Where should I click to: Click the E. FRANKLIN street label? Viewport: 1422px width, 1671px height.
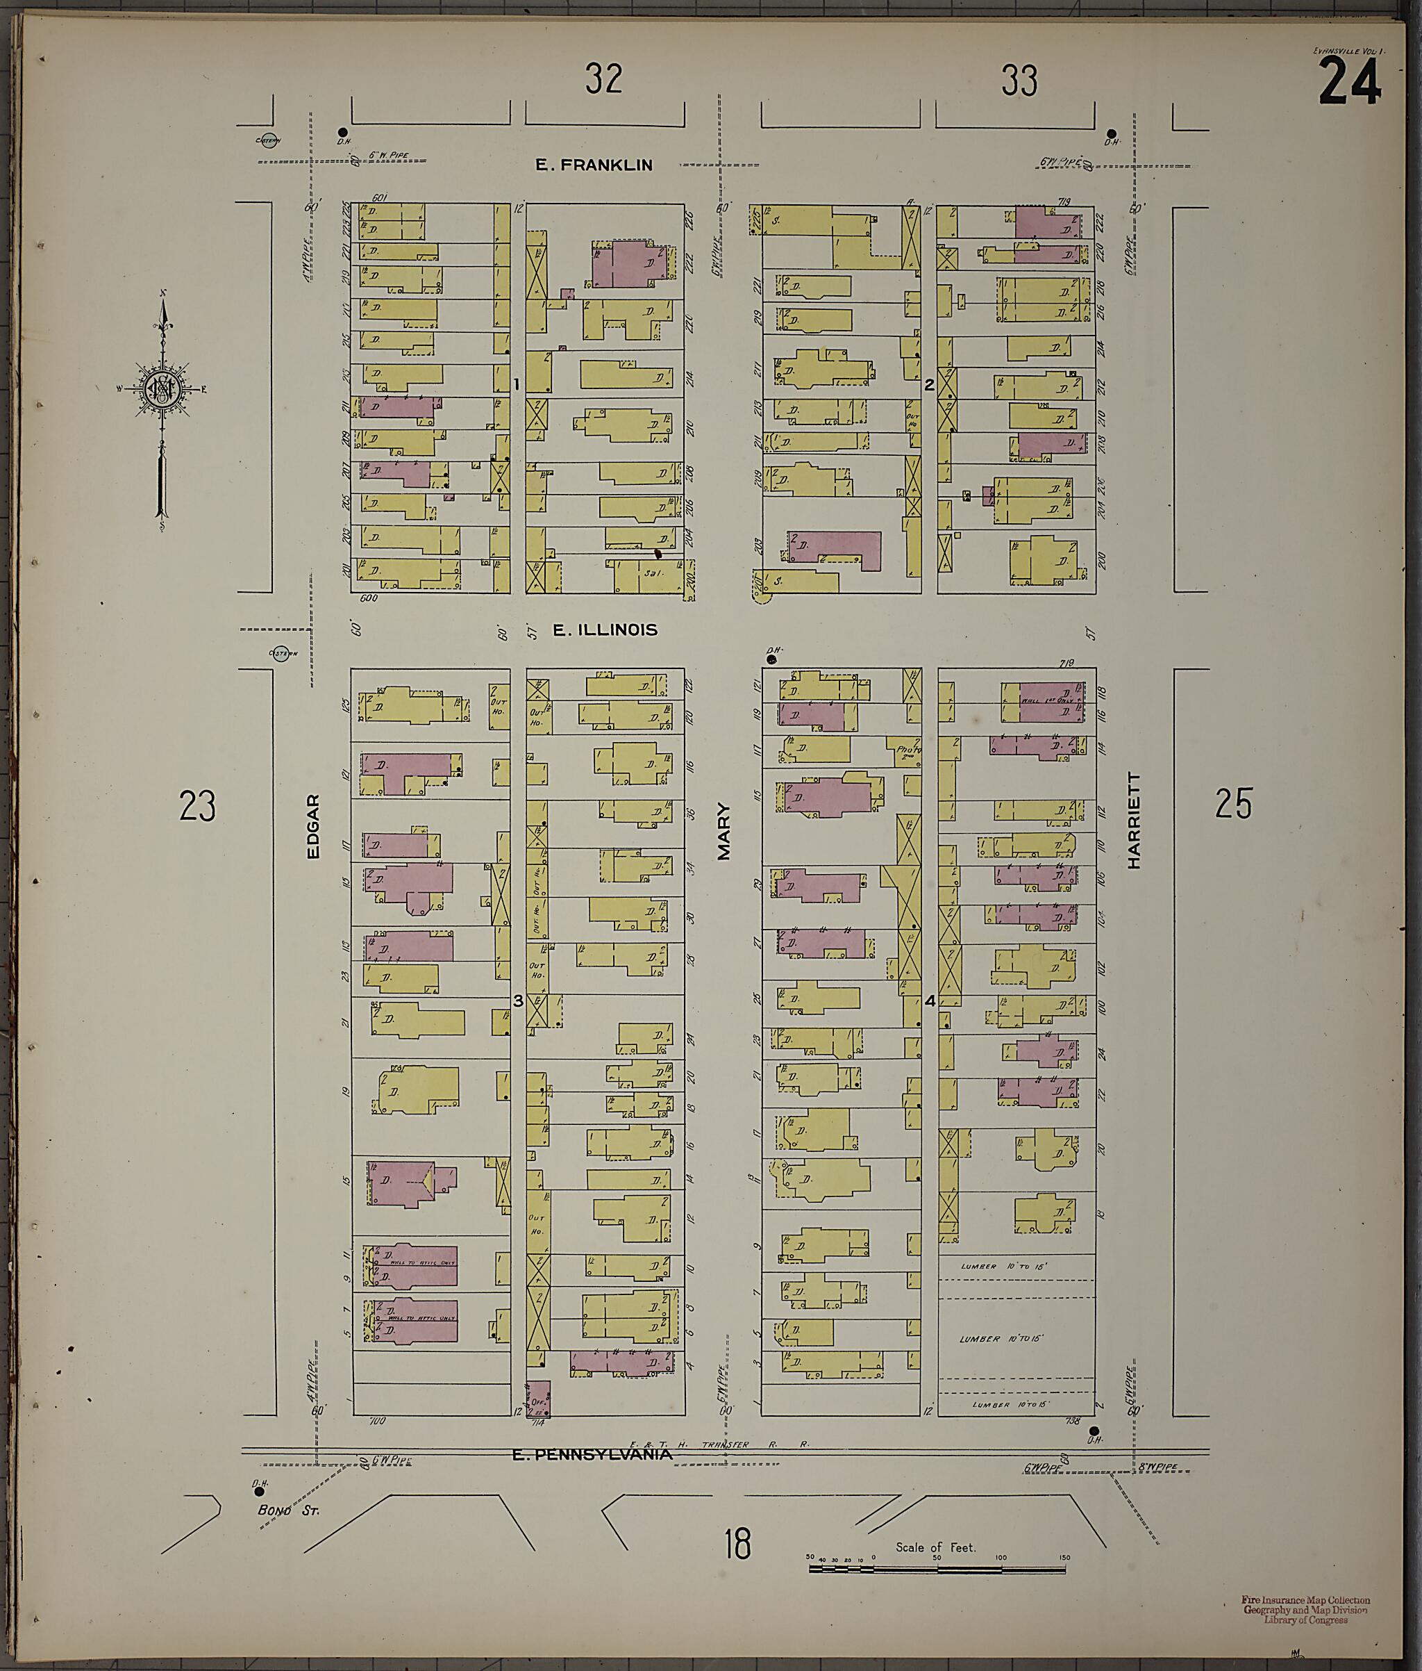[x=594, y=165]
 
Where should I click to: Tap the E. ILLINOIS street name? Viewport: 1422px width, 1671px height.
[x=605, y=630]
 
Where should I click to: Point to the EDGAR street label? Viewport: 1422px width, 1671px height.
[x=314, y=827]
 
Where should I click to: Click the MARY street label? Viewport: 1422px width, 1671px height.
[x=724, y=832]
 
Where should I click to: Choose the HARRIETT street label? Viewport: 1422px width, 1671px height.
[x=1135, y=820]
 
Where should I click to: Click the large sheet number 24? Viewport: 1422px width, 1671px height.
[x=1350, y=84]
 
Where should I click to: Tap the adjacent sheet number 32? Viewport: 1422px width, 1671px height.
[x=604, y=80]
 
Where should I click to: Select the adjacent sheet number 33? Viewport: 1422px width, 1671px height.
[x=1019, y=81]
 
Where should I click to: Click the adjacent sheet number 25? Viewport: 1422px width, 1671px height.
[x=1233, y=804]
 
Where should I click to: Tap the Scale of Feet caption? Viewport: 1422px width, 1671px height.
[x=935, y=1547]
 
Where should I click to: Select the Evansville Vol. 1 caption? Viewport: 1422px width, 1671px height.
[x=1348, y=51]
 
